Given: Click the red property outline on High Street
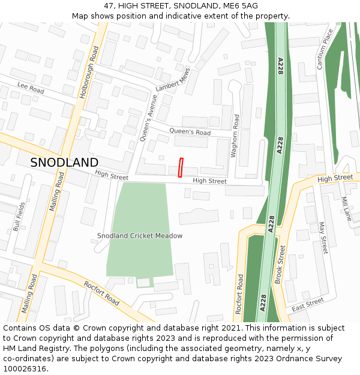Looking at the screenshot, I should (x=180, y=167).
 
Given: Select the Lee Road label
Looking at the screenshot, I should (x=31, y=88).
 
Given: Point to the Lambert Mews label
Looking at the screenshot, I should (x=173, y=80).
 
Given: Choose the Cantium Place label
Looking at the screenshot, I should (x=325, y=49).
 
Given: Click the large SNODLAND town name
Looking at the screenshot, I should (x=64, y=163).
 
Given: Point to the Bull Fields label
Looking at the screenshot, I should (x=19, y=217).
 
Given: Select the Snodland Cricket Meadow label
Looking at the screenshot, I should (x=140, y=236).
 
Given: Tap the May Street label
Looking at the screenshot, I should (x=323, y=238).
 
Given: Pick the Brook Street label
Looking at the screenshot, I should (x=280, y=264).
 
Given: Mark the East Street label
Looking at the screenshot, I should (x=307, y=304).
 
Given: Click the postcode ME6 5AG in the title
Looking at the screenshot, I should (x=238, y=5).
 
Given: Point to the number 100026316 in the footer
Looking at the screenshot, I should (x=26, y=369).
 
